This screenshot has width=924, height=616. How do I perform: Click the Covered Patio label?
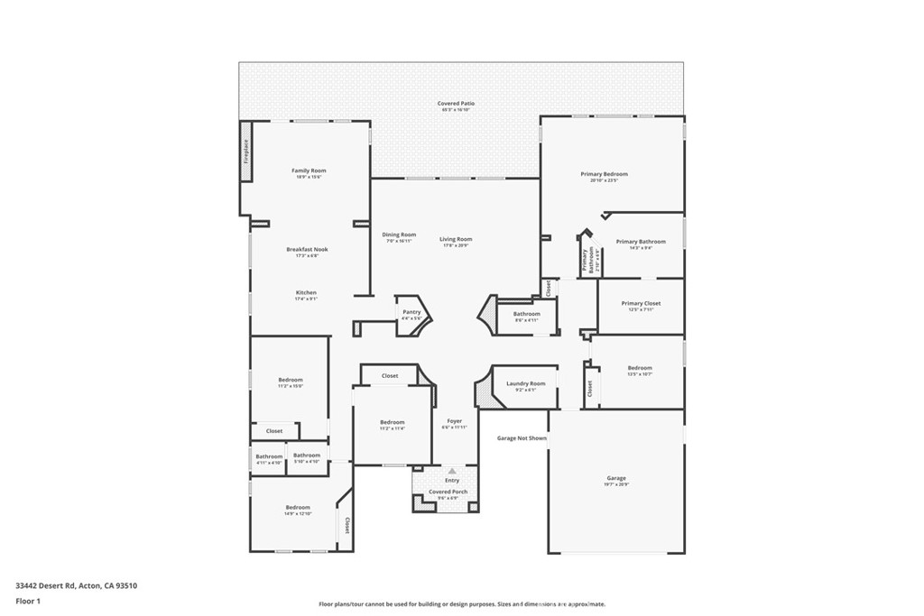(456, 104)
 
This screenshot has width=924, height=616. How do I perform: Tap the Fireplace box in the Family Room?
(245, 151)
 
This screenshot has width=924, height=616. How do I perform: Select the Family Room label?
(309, 170)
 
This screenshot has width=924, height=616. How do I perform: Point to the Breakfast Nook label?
(308, 249)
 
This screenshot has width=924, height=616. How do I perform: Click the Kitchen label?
(307, 293)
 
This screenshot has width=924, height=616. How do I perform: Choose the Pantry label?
(411, 312)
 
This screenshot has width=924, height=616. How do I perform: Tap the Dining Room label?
(399, 235)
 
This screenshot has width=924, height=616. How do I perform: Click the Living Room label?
(456, 239)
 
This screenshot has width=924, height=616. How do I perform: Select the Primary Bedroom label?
(604, 174)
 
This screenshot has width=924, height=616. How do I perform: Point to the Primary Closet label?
(641, 304)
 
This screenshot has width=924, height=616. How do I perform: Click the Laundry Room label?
(525, 383)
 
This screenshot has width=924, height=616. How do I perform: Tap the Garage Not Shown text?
(522, 438)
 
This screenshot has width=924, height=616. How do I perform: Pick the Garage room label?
(616, 478)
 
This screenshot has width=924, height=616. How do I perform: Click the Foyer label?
(454, 421)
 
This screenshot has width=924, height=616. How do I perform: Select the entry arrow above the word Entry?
(452, 471)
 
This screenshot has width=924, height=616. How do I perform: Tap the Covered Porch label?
(448, 492)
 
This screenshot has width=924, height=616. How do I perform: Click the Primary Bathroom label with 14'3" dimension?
(641, 242)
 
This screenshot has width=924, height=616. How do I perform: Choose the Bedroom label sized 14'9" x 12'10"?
(298, 508)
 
